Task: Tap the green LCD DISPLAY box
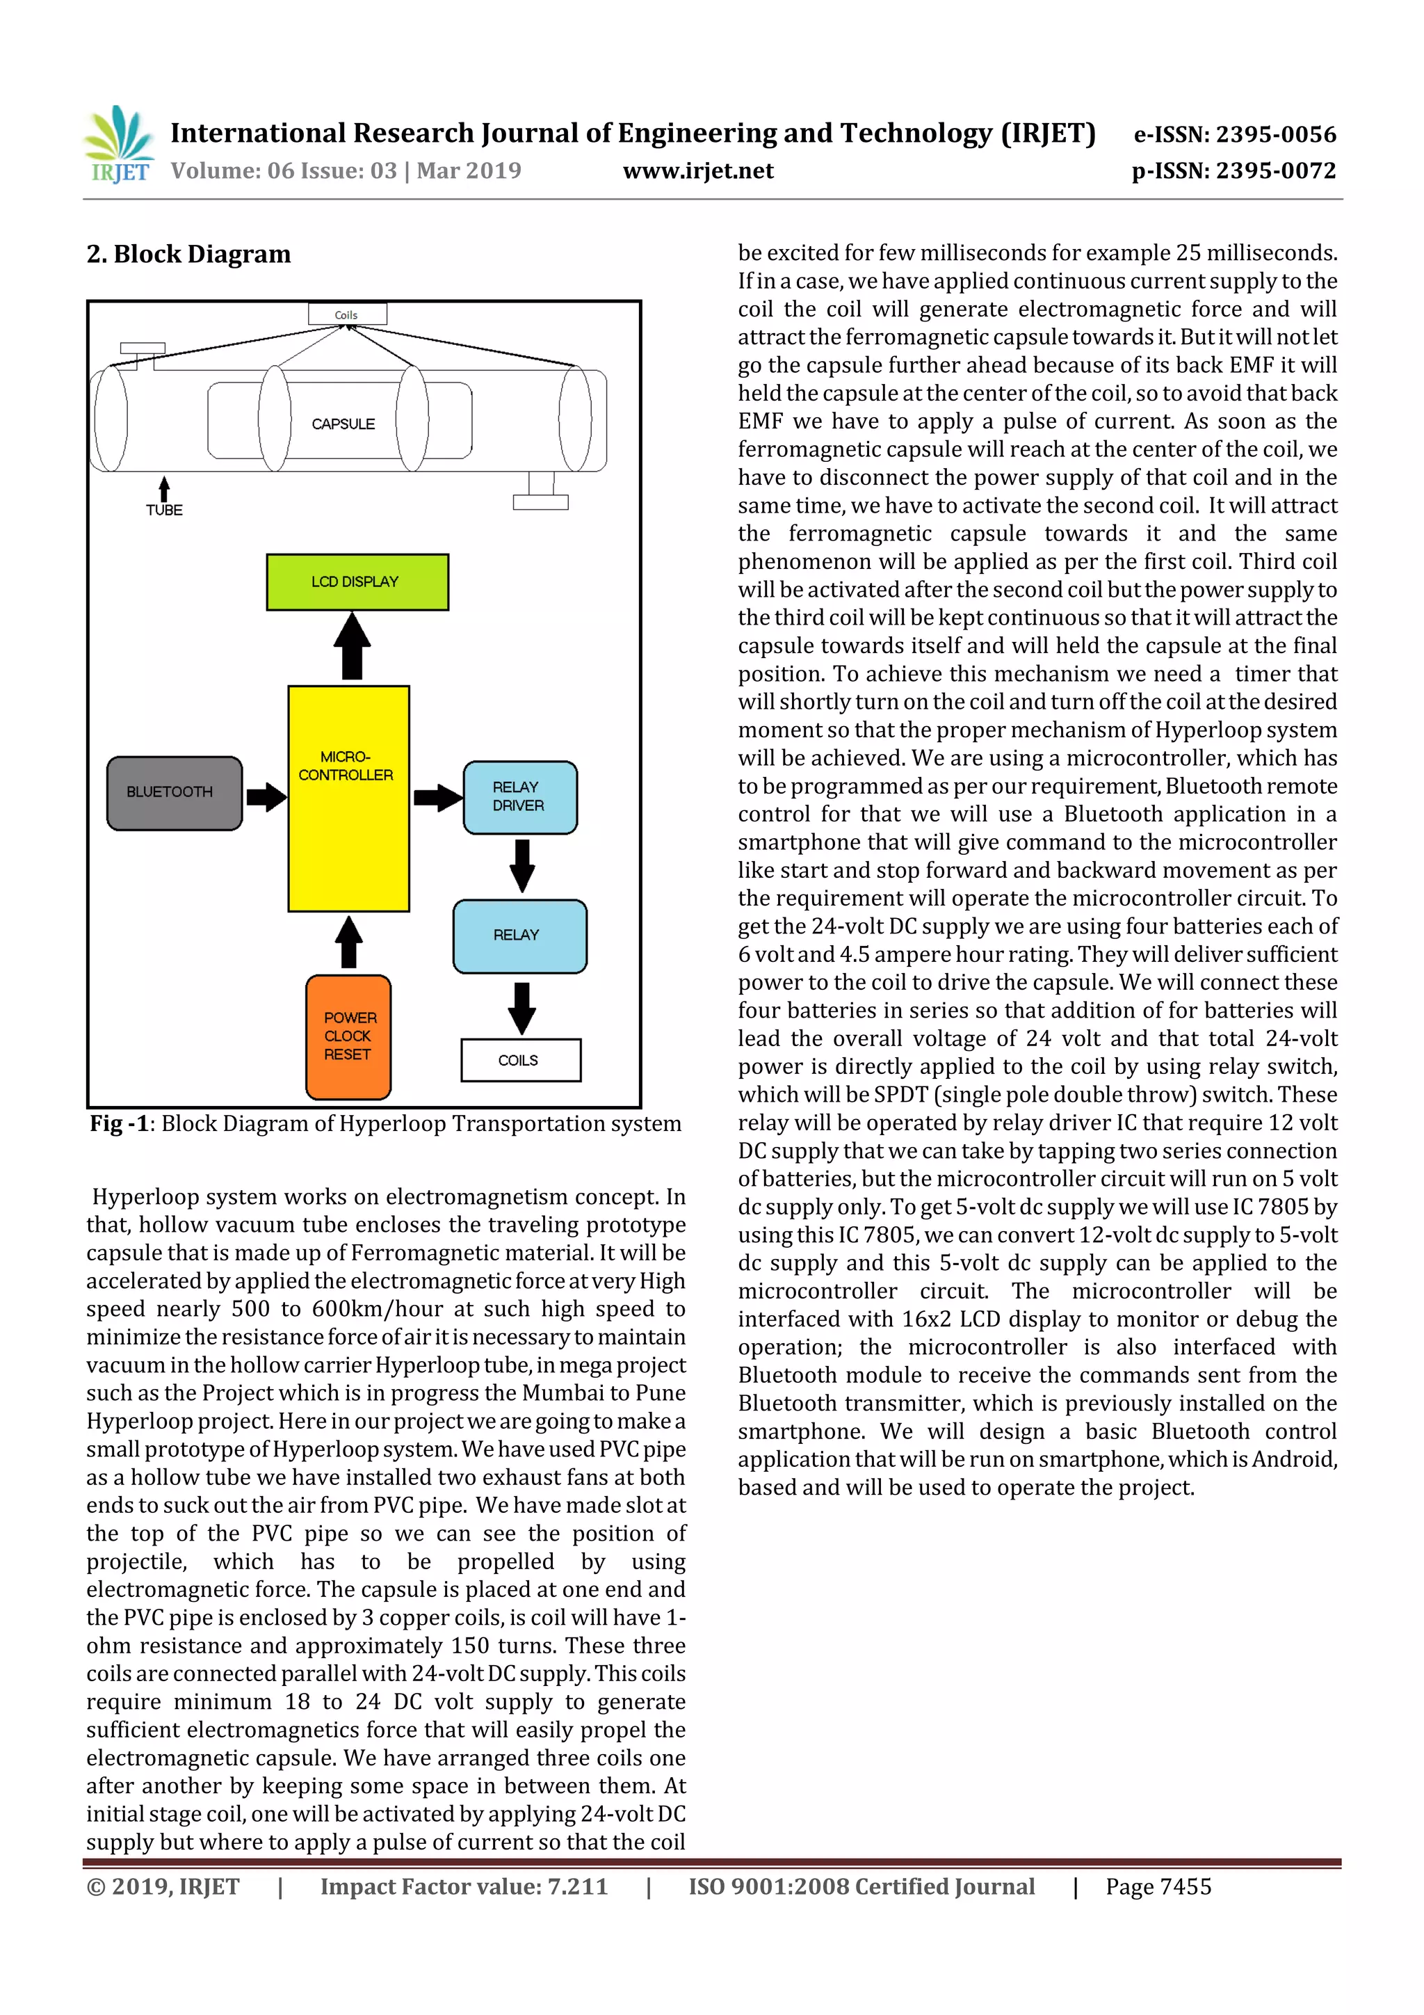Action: click(357, 582)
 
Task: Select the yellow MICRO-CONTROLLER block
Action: click(348, 798)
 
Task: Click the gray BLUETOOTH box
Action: click(174, 792)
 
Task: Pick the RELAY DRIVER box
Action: click(519, 797)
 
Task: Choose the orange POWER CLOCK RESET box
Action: click(348, 1036)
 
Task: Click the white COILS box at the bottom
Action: click(520, 1060)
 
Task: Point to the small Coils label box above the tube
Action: click(346, 314)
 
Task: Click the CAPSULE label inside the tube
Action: click(343, 424)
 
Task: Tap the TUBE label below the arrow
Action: click(164, 510)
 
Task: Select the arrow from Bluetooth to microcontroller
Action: click(266, 797)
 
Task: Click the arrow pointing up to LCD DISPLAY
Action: click(352, 646)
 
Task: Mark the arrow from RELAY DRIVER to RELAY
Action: click(522, 865)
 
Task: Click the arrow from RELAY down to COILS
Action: click(522, 1006)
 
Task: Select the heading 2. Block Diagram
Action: click(188, 255)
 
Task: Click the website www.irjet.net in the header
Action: click(697, 170)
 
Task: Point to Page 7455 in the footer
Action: click(1158, 1886)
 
